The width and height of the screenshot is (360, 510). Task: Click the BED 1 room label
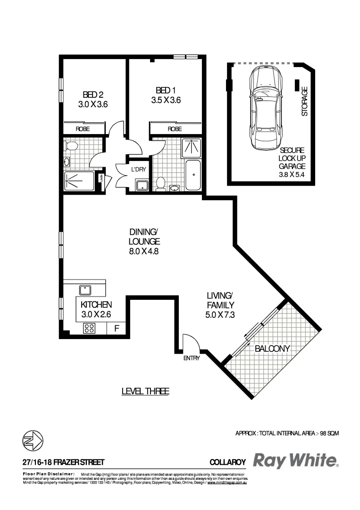166,90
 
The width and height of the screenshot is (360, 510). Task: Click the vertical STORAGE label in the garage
305,101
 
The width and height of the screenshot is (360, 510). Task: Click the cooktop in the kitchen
90,328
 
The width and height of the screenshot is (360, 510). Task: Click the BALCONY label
272,349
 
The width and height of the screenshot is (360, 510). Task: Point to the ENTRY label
192,358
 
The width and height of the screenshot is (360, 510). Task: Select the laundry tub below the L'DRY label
142,185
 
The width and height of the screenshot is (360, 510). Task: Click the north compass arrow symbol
33,441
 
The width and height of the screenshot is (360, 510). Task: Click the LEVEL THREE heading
145,391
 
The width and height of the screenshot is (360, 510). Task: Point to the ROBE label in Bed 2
83,128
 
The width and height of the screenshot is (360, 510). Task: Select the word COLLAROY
227,462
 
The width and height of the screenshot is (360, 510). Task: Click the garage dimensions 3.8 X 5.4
292,174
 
